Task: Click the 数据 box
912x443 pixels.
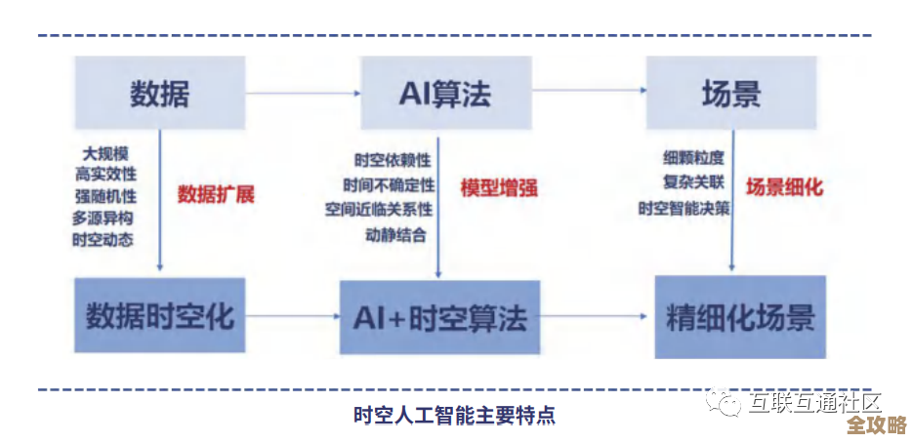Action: [x=160, y=94]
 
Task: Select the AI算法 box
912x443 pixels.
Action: [x=445, y=94]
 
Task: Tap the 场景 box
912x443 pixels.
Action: [x=731, y=94]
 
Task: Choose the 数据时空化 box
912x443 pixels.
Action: [x=160, y=316]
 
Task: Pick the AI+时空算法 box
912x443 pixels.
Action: [x=438, y=317]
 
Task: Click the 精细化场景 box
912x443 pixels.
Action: [x=740, y=317]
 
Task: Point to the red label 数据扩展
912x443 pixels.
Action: [x=216, y=193]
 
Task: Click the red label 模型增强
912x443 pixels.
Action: [x=499, y=187]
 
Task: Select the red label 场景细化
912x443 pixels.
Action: [x=784, y=187]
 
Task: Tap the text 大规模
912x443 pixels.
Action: [x=106, y=153]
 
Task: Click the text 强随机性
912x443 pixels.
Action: [x=103, y=195]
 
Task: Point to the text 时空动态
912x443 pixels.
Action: [x=103, y=238]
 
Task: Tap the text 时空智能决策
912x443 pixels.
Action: [x=684, y=208]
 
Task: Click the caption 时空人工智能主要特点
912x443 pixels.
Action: [x=454, y=415]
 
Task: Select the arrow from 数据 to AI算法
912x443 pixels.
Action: [x=304, y=94]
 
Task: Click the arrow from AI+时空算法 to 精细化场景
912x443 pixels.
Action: [x=597, y=316]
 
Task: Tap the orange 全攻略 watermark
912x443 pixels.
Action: [x=876, y=425]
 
